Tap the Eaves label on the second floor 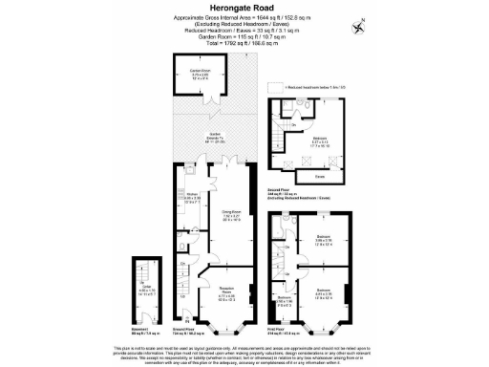(x=319, y=177)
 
